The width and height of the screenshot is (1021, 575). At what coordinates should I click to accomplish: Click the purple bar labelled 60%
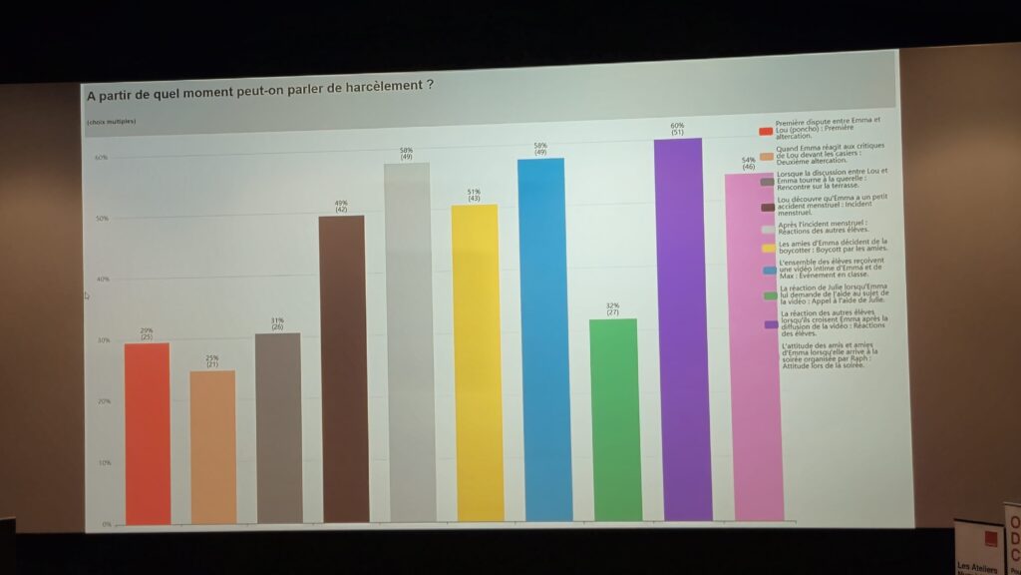coord(687,329)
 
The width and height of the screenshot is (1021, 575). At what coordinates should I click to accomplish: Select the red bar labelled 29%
coord(147,433)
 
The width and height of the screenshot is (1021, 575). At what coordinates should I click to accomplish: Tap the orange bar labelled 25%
coord(212,446)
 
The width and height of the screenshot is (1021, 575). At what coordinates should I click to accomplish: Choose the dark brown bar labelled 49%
coord(342,368)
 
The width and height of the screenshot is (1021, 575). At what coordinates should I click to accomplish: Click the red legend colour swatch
coord(766,131)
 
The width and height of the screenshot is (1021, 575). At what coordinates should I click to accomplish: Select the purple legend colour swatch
coord(770,323)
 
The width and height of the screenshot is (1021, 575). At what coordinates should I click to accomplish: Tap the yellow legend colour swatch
coord(768,247)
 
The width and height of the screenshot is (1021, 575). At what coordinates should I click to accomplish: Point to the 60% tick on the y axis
coord(101,158)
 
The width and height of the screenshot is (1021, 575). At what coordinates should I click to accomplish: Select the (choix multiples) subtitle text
coord(111,122)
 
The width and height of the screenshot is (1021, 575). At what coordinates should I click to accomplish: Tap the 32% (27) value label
coord(612,308)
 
